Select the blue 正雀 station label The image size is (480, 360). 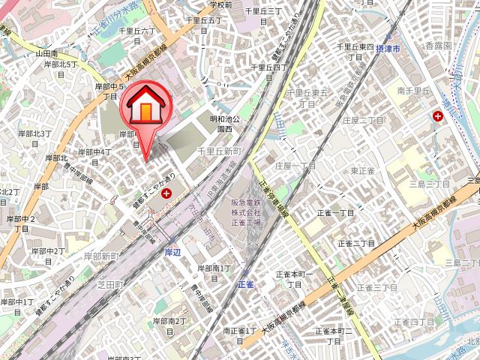[x=246, y=284]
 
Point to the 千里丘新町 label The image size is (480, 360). [x=217, y=151]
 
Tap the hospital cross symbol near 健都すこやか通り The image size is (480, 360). [x=166, y=193]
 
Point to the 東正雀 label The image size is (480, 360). [x=361, y=170]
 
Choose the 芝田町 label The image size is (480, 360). [x=109, y=284]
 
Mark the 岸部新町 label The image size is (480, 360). [x=101, y=256]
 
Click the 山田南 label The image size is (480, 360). [x=46, y=54]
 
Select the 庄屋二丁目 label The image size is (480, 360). [x=363, y=120]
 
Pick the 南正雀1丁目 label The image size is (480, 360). [x=240, y=330]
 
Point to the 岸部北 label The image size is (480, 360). [x=56, y=158]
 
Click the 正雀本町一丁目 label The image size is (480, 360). [x=294, y=280]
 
